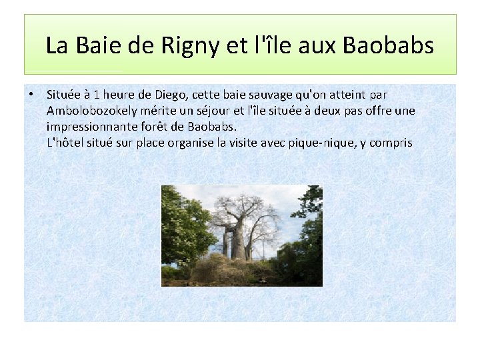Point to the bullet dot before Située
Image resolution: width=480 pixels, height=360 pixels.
point(32,95)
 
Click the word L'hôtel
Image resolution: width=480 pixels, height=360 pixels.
point(68,142)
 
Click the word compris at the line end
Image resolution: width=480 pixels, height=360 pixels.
point(393,142)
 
